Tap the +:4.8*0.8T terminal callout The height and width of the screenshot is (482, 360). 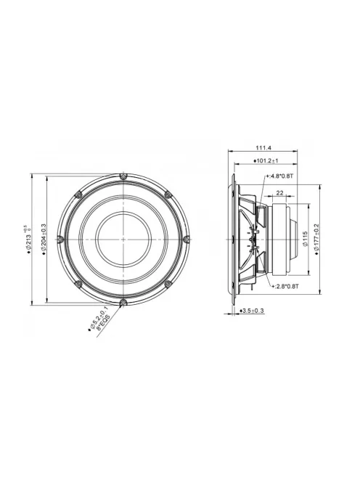click(280, 176)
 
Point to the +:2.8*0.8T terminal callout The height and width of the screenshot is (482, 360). click(284, 286)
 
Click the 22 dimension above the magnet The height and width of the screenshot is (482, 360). click(279, 194)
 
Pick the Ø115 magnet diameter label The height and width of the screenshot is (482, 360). click(306, 238)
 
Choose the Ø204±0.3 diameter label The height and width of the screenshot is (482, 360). click(44, 238)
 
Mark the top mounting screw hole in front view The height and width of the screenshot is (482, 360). click(124, 176)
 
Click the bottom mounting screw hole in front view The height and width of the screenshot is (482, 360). click(124, 301)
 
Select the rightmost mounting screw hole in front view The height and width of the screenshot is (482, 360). click(187, 239)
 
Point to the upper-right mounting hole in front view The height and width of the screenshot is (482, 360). click(168, 194)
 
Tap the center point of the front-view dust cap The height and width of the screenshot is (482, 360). click(124, 239)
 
